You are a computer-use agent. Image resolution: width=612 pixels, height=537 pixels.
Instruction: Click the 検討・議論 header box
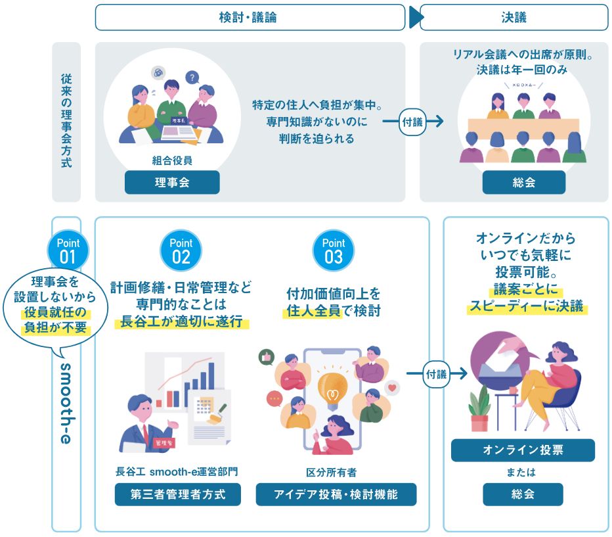click(250, 18)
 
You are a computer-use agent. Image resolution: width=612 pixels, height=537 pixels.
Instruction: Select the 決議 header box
click(514, 18)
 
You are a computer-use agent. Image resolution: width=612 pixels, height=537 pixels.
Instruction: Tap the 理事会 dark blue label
click(172, 183)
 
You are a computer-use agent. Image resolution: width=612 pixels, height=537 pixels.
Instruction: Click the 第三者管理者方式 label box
click(177, 494)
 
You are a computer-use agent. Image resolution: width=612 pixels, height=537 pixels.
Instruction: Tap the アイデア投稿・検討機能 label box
click(336, 494)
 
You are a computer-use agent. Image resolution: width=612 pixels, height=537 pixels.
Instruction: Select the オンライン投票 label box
click(523, 450)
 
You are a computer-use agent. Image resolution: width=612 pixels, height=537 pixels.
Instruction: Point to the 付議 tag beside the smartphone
click(436, 374)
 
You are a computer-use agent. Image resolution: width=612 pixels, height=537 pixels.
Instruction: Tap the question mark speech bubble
click(192, 77)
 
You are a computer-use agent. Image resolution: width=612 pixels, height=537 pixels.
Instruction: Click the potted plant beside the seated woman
click(479, 408)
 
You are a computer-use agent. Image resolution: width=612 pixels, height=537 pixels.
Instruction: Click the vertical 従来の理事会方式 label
click(66, 122)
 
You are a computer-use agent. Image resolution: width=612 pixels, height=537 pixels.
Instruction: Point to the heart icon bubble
click(393, 388)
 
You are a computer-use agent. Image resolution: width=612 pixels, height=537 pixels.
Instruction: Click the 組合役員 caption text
click(172, 160)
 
